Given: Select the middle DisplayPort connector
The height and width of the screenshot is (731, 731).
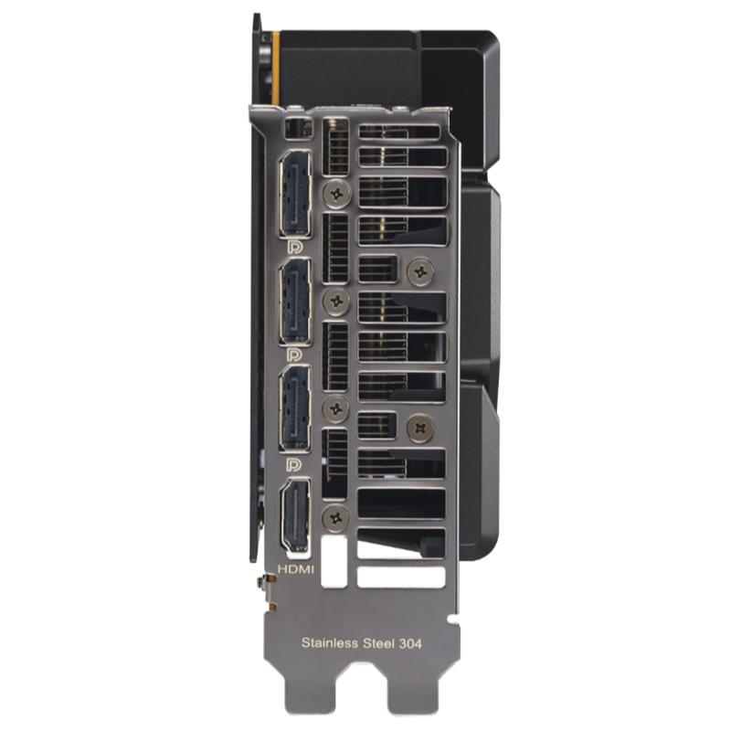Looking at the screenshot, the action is click(x=294, y=302).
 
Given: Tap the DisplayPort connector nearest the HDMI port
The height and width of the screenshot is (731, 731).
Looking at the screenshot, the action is click(x=294, y=408).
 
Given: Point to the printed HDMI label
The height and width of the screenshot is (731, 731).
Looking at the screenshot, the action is click(x=296, y=569).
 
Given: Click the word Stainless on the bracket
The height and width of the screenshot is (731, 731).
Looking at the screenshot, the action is click(x=330, y=643).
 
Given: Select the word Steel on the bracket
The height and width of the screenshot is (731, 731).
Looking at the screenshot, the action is click(x=379, y=643).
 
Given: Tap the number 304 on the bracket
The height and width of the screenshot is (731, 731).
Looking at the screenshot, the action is click(x=410, y=644).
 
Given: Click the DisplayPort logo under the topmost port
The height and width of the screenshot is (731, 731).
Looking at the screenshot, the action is click(x=294, y=247).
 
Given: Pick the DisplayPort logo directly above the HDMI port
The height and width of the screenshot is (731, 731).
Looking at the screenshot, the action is click(x=294, y=465).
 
